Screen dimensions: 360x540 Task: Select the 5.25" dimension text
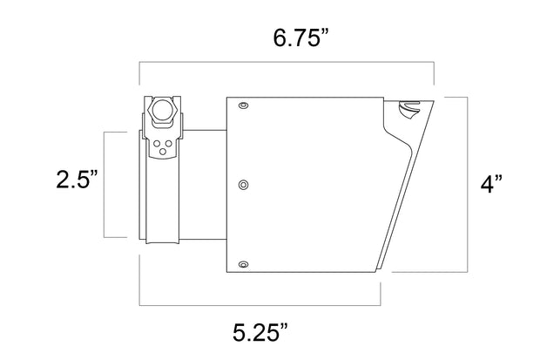coord(260,331)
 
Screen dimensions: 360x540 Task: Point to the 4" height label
coord(493,185)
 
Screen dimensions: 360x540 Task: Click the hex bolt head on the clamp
coord(163,111)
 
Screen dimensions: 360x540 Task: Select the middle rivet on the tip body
coord(243,184)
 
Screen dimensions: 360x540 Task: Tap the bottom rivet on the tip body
coord(243,264)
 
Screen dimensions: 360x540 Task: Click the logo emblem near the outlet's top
coord(408,110)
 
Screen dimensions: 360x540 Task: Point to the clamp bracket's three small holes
coord(163,146)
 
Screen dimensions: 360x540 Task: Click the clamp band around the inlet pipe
coord(163,200)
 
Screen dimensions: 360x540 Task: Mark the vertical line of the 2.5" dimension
coord(105,184)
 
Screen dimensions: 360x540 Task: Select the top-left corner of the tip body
coord(226,96)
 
